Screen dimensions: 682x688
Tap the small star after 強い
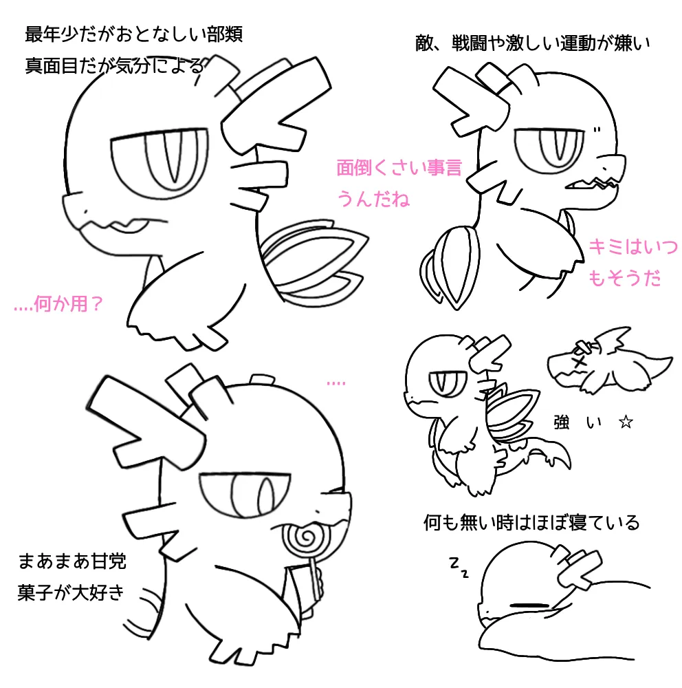click(x=626, y=422)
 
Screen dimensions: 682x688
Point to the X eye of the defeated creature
click(x=580, y=363)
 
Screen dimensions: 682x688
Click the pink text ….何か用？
click(x=58, y=303)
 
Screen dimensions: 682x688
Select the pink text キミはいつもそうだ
click(x=632, y=262)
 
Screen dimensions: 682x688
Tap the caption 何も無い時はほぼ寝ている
click(x=531, y=522)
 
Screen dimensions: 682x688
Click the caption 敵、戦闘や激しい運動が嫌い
click(x=532, y=43)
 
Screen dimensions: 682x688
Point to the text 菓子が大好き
click(x=71, y=592)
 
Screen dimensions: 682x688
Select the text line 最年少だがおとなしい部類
click(x=133, y=34)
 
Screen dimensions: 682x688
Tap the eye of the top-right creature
click(x=549, y=148)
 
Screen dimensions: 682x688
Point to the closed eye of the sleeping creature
click(x=530, y=605)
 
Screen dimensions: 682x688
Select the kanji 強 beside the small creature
click(x=562, y=422)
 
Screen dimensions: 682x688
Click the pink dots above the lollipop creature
click(x=336, y=383)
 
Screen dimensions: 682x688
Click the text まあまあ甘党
click(x=72, y=561)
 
